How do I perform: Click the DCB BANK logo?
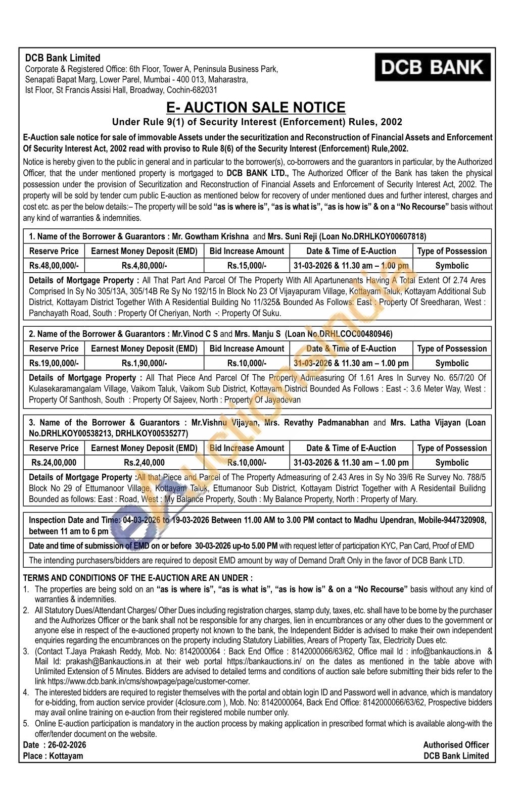point(432,67)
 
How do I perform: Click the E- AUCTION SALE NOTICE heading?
point(256,108)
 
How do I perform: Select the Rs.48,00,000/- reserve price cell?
point(54,266)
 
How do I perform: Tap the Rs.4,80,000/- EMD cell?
point(144,266)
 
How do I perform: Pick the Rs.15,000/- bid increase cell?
point(247,266)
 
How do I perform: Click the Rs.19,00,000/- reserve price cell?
point(54,363)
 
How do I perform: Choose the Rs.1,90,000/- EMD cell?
point(144,363)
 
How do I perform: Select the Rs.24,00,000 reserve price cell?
point(54,463)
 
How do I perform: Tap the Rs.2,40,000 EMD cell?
point(144,463)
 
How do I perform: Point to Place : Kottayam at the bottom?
point(53,756)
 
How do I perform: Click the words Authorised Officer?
point(456,745)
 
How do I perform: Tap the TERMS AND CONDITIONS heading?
point(138,578)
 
